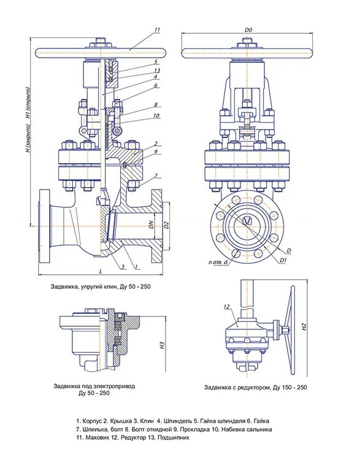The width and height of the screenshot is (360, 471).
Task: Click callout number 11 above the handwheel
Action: click(157, 29)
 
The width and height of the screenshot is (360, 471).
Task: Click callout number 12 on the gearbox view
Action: click(227, 307)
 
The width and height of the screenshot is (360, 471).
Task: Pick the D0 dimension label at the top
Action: click(248, 29)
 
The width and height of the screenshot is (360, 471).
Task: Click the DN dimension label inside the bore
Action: click(151, 224)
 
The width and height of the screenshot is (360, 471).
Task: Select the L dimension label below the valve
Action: click(101, 271)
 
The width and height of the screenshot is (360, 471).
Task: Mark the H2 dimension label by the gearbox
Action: click(304, 327)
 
